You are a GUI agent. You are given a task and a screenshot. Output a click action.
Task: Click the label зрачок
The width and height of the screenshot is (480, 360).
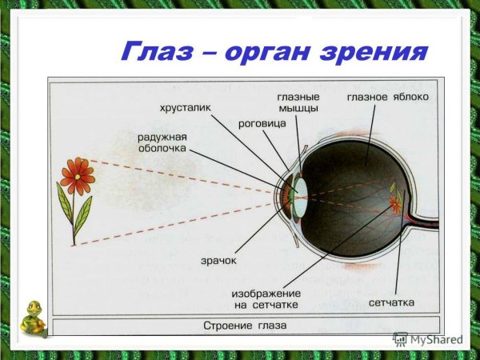pos(217,261)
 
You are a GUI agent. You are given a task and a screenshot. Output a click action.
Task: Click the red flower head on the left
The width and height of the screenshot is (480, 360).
pos(77,175)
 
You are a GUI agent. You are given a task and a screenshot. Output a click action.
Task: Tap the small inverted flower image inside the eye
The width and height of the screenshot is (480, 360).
pos(394,198)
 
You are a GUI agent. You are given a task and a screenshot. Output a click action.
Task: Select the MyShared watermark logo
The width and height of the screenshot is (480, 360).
pos(427,339)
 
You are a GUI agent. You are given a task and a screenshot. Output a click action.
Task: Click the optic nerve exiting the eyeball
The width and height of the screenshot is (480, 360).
pos(424,219)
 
